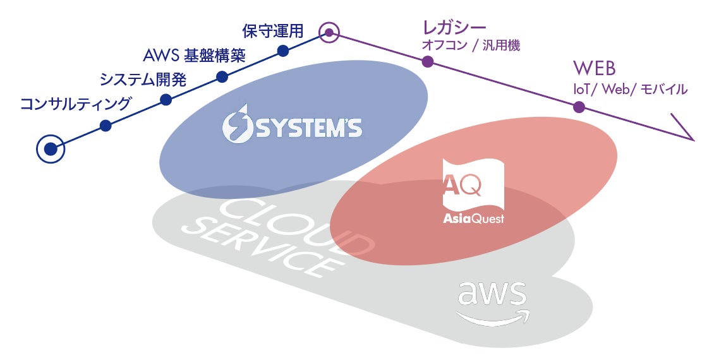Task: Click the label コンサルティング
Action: (x=75, y=104)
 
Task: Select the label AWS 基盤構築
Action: (x=194, y=56)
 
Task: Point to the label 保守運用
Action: (x=273, y=31)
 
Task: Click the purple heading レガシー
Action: (x=454, y=28)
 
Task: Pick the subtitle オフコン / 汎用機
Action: (x=471, y=45)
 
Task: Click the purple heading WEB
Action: (x=594, y=68)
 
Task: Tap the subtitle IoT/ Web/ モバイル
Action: (x=629, y=89)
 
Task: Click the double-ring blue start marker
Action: (x=50, y=150)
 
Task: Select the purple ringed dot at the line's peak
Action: (x=329, y=32)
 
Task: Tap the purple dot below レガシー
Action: (x=428, y=62)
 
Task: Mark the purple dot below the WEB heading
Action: (x=579, y=107)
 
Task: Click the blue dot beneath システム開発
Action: (x=166, y=99)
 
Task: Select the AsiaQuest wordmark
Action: (x=473, y=219)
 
